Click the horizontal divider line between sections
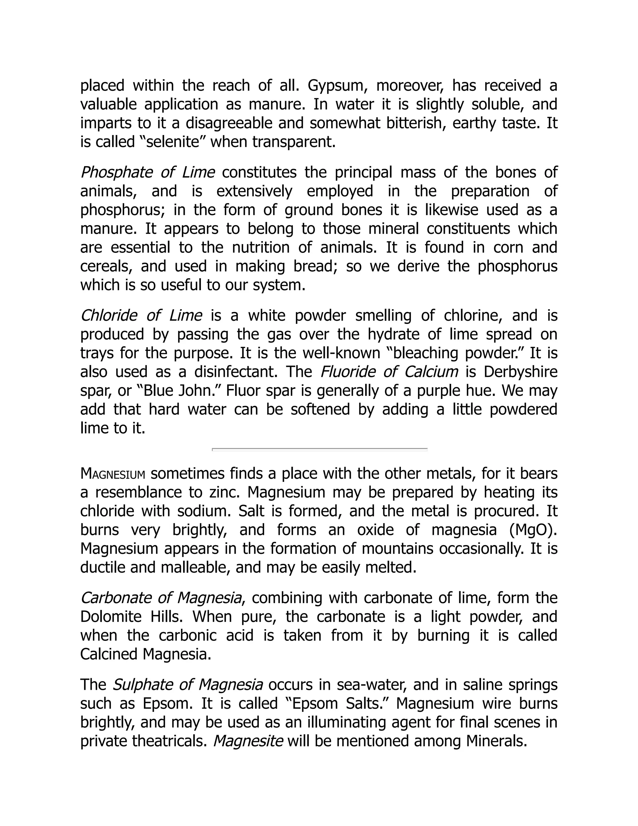[319, 449]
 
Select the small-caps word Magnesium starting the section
[113, 473]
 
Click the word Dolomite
[111, 617]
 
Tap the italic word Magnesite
[248, 741]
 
